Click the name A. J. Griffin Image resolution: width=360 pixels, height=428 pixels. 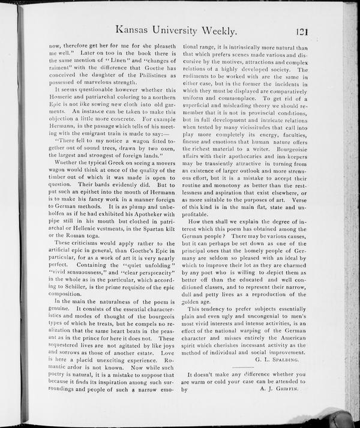[x=284, y=388]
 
